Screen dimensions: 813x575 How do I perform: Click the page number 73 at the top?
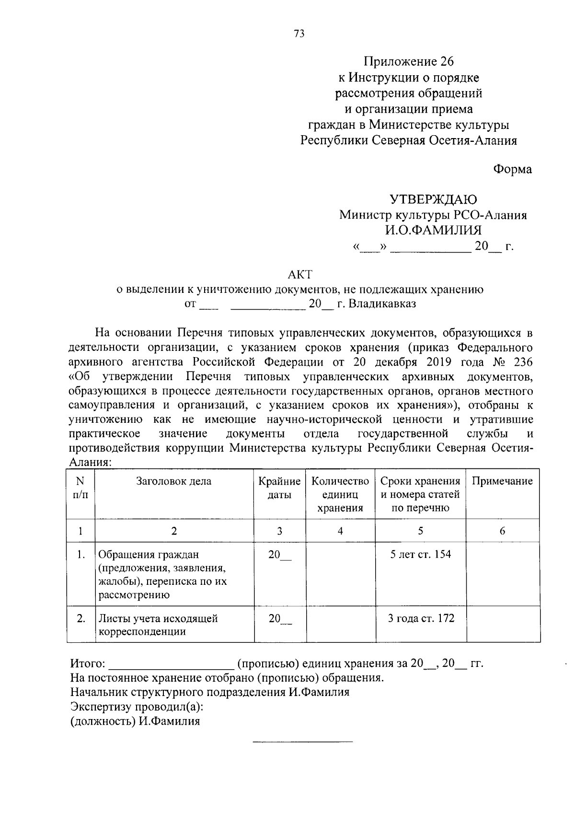pos(299,34)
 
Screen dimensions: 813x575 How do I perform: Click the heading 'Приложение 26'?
pos(408,61)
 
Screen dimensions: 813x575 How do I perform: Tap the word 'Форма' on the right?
pos(512,169)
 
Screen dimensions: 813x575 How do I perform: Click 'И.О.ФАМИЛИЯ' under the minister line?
pos(433,230)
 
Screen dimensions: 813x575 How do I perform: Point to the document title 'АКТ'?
pos(299,274)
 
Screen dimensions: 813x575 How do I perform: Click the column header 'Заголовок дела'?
pos(174,481)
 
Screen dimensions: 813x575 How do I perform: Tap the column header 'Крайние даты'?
pos(279,488)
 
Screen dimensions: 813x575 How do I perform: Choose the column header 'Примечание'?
pos(502,481)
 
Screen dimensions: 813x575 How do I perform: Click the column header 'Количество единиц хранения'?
pos(340,494)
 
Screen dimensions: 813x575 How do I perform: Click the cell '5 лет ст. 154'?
pos(421,555)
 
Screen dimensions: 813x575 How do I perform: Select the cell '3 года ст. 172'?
pos(421,618)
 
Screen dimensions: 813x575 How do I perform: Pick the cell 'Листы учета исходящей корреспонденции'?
pos(158,625)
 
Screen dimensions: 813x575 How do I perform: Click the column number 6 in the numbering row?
pos(502,531)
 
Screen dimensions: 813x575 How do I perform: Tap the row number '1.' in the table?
pos(81,555)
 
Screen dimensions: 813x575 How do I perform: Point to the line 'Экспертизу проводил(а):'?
pos(137,707)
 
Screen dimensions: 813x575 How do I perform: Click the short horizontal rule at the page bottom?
pos(302,742)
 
